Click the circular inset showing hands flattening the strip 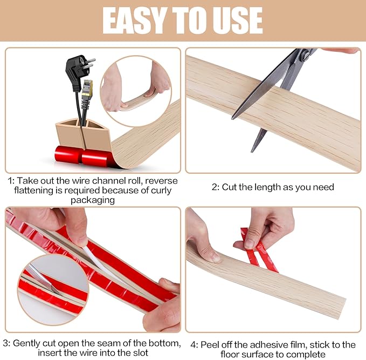(135, 80)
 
